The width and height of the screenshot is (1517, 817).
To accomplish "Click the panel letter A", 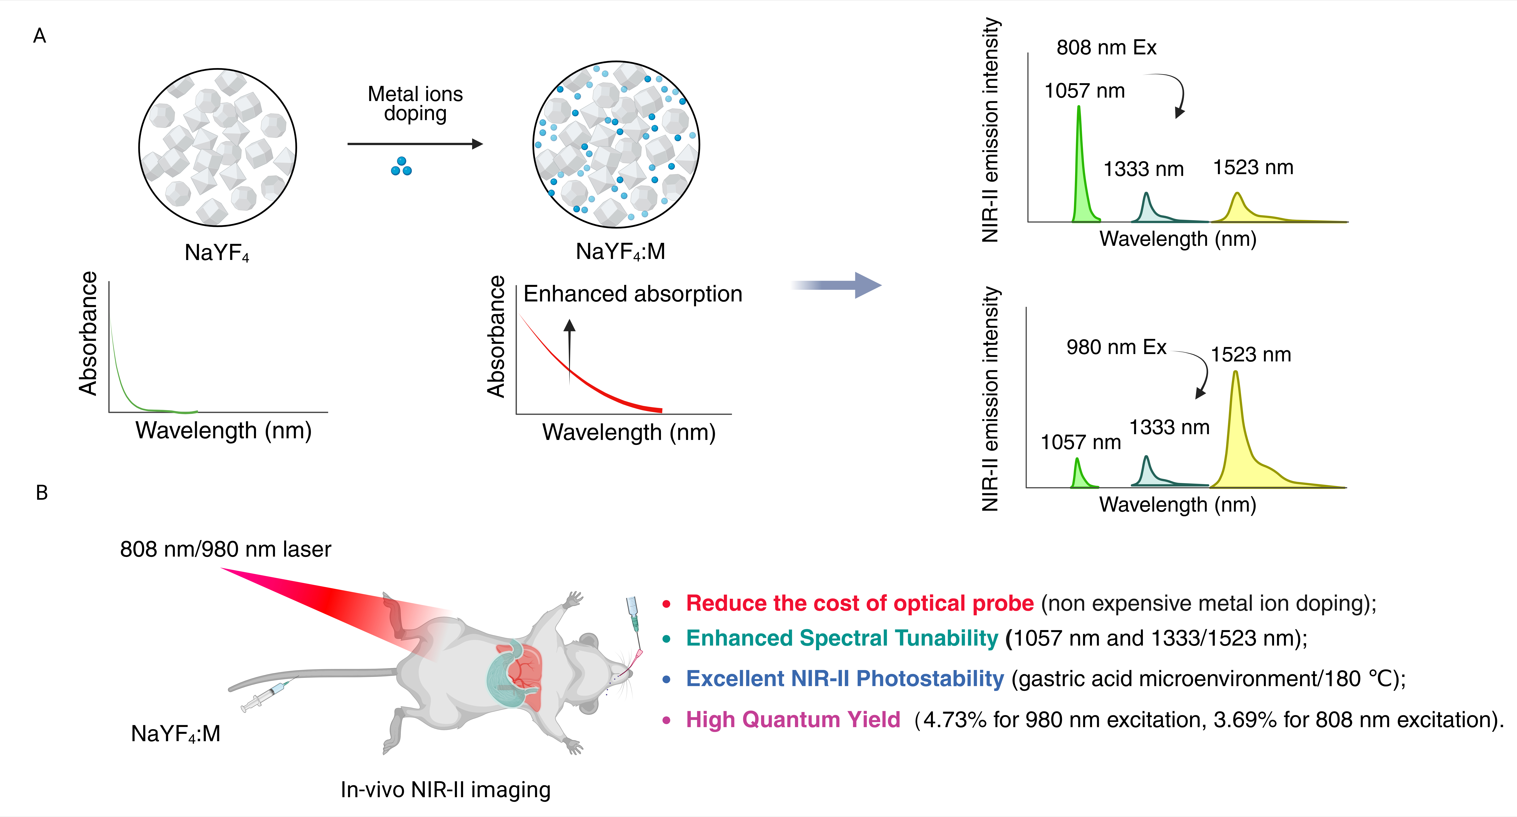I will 39,36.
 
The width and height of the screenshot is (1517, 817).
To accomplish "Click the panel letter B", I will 42,493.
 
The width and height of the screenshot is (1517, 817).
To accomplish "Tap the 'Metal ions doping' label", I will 415,103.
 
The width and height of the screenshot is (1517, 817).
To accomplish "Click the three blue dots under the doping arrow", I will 402,167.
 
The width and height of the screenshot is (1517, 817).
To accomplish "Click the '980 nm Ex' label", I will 1116,347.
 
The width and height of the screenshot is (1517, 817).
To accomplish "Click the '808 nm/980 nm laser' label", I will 226,549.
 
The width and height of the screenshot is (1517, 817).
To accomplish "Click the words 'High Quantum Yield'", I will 793,719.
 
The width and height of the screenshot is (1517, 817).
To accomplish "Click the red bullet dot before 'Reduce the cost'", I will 667,604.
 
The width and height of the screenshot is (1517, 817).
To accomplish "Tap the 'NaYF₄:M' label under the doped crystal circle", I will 620,252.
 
